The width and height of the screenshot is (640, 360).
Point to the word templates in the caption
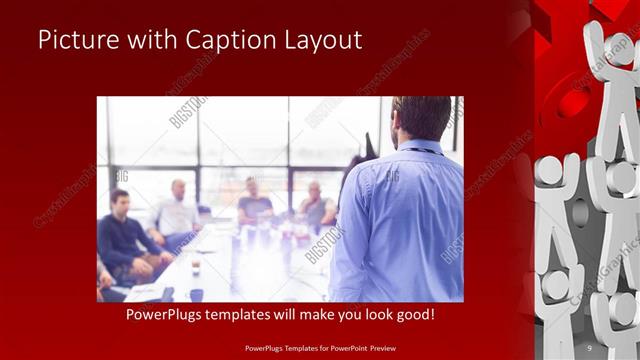[x=249, y=314]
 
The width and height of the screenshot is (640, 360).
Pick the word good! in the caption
[x=413, y=314]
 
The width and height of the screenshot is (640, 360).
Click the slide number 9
[x=589, y=347]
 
